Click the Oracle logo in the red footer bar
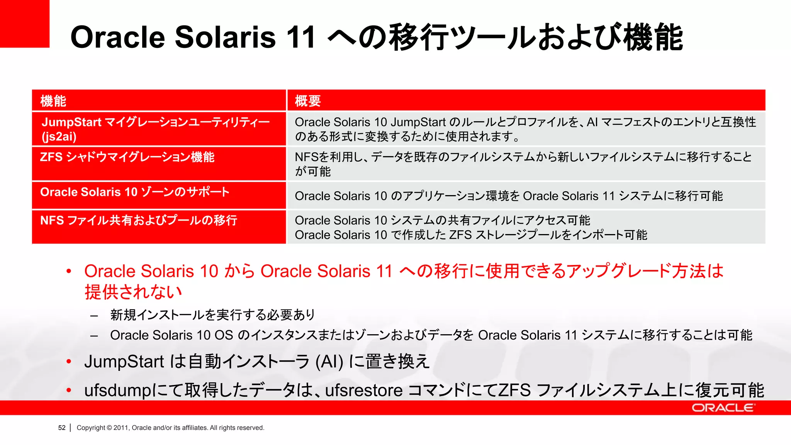pos(723,408)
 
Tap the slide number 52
pos(62,428)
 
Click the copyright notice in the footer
pos(170,428)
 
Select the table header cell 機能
pos(53,101)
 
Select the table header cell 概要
pos(308,101)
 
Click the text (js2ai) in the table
pos(59,136)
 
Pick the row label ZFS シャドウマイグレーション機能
pos(127,157)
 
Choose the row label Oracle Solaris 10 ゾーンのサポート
pos(135,192)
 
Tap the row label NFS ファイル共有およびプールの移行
pos(139,220)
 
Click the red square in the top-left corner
pos(24,24)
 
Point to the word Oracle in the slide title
pos(118,37)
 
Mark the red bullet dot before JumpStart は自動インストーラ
pos(69,362)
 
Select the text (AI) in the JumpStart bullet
pos(329,362)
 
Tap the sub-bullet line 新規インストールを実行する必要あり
pos(212,315)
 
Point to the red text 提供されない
pos(133,292)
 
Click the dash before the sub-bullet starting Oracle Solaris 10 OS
pos(94,336)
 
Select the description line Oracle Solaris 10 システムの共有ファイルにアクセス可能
pos(442,220)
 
